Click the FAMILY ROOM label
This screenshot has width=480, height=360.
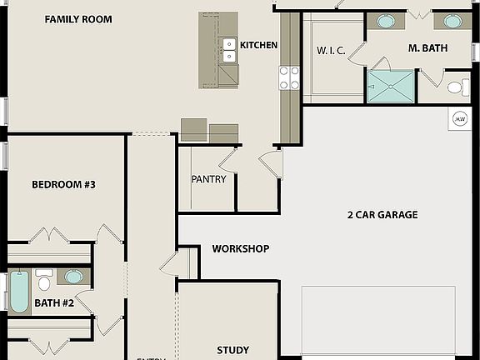coord(78,19)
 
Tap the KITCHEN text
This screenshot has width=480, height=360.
coord(258,45)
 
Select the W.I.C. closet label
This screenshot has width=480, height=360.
coord(331,51)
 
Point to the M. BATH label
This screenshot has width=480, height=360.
coord(427,48)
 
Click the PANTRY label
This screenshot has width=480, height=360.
coord(208,179)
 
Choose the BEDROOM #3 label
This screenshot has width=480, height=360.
coord(63,185)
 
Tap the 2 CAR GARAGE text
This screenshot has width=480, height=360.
coord(382,215)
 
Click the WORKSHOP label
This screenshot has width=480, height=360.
coord(240,249)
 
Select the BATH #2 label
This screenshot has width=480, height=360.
coord(54,303)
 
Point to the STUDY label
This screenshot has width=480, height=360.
coord(232,351)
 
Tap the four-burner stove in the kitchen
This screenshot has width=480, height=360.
coord(289,78)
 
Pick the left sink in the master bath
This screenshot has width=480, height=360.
coord(387,21)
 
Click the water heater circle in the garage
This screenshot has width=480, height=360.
coord(459,119)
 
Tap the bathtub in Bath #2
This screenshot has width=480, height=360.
coord(18,290)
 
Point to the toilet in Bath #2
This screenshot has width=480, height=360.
coord(44,281)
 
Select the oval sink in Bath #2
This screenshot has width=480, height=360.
coord(74,277)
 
